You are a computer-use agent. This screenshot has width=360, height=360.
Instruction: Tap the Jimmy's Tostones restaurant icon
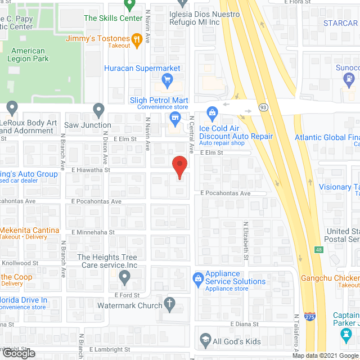[x=136, y=39]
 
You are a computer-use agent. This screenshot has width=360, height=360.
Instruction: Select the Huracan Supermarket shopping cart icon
[x=167, y=80]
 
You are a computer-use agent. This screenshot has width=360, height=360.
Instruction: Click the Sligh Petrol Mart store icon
[x=175, y=117]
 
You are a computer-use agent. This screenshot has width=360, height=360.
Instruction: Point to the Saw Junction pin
[x=99, y=109]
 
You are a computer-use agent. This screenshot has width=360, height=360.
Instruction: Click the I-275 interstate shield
[x=309, y=318]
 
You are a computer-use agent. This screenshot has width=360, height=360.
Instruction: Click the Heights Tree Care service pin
[x=125, y=277]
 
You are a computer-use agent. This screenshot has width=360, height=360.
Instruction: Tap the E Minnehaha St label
[x=93, y=232]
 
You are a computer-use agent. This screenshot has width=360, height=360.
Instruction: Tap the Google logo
[x=19, y=353]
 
